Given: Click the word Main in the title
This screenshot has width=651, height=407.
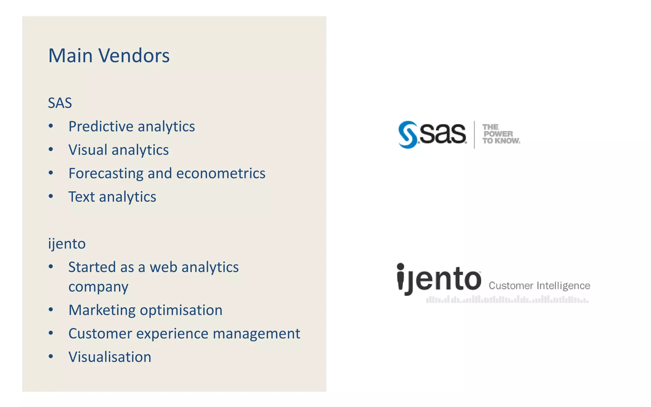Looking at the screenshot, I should click(x=70, y=56).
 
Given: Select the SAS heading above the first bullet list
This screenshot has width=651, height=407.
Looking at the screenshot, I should click(x=60, y=103).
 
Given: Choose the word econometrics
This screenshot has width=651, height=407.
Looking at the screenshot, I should click(x=221, y=174).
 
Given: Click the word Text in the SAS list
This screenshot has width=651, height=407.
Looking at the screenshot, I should click(x=81, y=197).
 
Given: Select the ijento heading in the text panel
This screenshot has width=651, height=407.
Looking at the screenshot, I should click(x=67, y=244).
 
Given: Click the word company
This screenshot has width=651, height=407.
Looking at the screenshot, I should click(x=98, y=287).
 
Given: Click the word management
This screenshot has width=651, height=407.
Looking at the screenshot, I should click(x=256, y=334).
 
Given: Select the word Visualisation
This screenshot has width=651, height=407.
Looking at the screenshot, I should click(x=110, y=357).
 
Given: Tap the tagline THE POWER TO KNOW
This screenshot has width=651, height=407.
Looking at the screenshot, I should click(x=500, y=134).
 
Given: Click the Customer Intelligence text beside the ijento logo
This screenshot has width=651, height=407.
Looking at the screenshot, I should click(x=539, y=286).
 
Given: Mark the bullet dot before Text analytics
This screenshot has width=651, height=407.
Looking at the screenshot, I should click(x=51, y=197).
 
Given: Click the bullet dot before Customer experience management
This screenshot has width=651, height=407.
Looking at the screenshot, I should click(x=51, y=333).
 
